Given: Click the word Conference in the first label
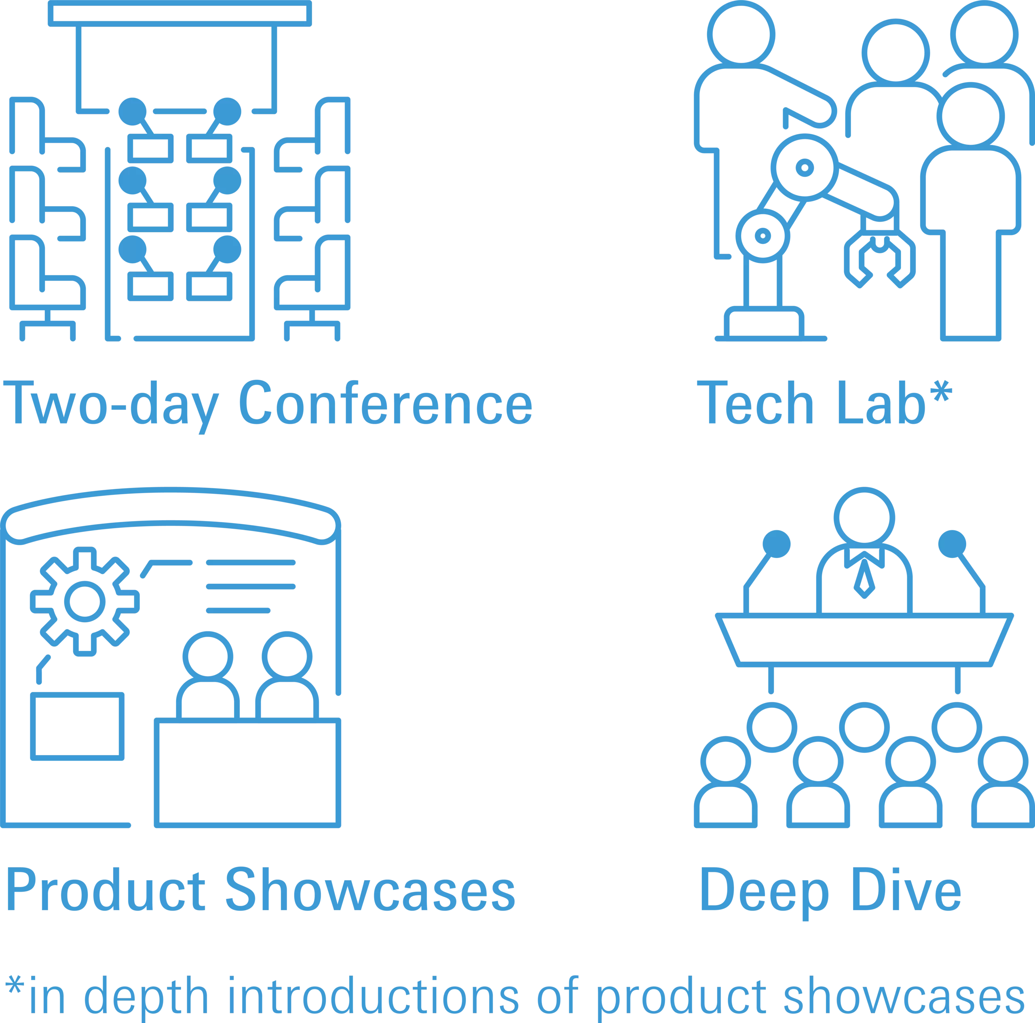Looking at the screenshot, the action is click(386, 402).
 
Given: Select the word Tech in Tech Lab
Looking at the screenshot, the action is click(755, 402).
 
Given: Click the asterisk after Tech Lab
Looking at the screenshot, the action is click(941, 391).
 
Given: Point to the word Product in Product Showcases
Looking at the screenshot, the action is click(106, 890).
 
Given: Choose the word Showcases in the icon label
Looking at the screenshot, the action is click(370, 890).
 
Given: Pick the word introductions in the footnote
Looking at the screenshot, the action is click(374, 995).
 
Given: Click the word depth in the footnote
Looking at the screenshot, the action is click(146, 999).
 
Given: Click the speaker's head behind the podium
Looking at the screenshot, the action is click(864, 518).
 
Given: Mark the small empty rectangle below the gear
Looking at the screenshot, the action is click(78, 726).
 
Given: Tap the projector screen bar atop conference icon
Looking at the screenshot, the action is click(180, 13).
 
